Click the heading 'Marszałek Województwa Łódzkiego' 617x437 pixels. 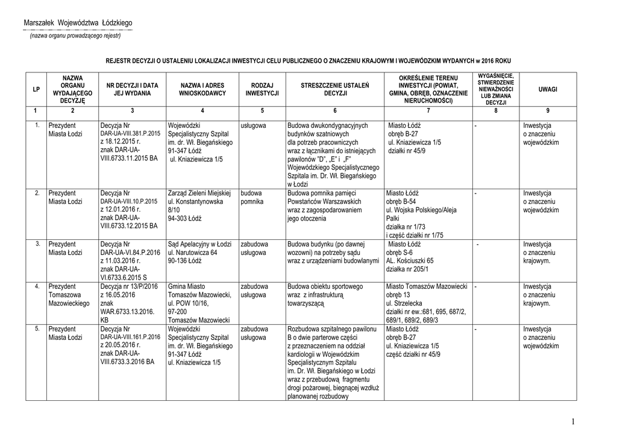[78, 23]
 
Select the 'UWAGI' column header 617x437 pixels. [548, 89]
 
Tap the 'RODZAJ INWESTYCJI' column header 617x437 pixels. [262, 90]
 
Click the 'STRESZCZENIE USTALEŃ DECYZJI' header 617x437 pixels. [335, 90]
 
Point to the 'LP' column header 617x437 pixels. [36, 89]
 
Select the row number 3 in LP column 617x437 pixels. [37, 243]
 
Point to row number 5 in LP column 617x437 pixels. [37, 328]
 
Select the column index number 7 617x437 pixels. [428, 111]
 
